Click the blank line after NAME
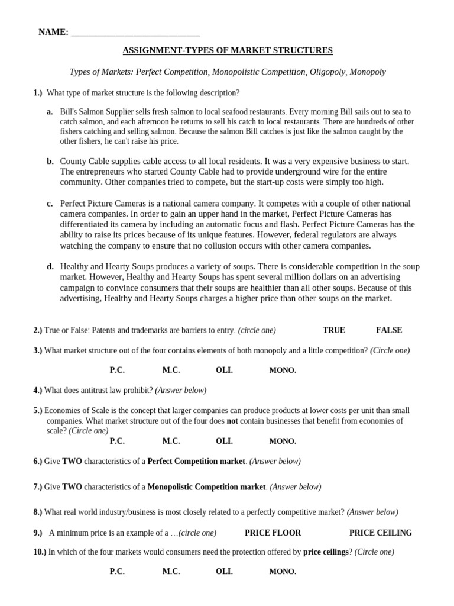coord(135,33)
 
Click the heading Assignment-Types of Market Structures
coord(227,51)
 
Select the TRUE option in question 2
coord(333,330)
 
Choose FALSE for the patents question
coord(388,330)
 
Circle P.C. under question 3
coord(117,370)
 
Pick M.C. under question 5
coord(171,441)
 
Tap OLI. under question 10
coord(224,572)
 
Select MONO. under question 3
coord(283,370)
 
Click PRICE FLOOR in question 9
coord(273,533)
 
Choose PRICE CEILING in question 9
coord(380,533)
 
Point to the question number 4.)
coord(38,391)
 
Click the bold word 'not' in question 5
coord(232,421)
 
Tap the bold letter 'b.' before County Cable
coord(50,161)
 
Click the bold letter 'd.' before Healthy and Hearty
coord(50,267)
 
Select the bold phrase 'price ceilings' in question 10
coord(325,552)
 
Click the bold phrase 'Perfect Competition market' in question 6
coord(196,461)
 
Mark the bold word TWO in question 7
coord(72,487)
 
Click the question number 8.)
coord(38,512)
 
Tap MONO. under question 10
coord(283,572)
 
